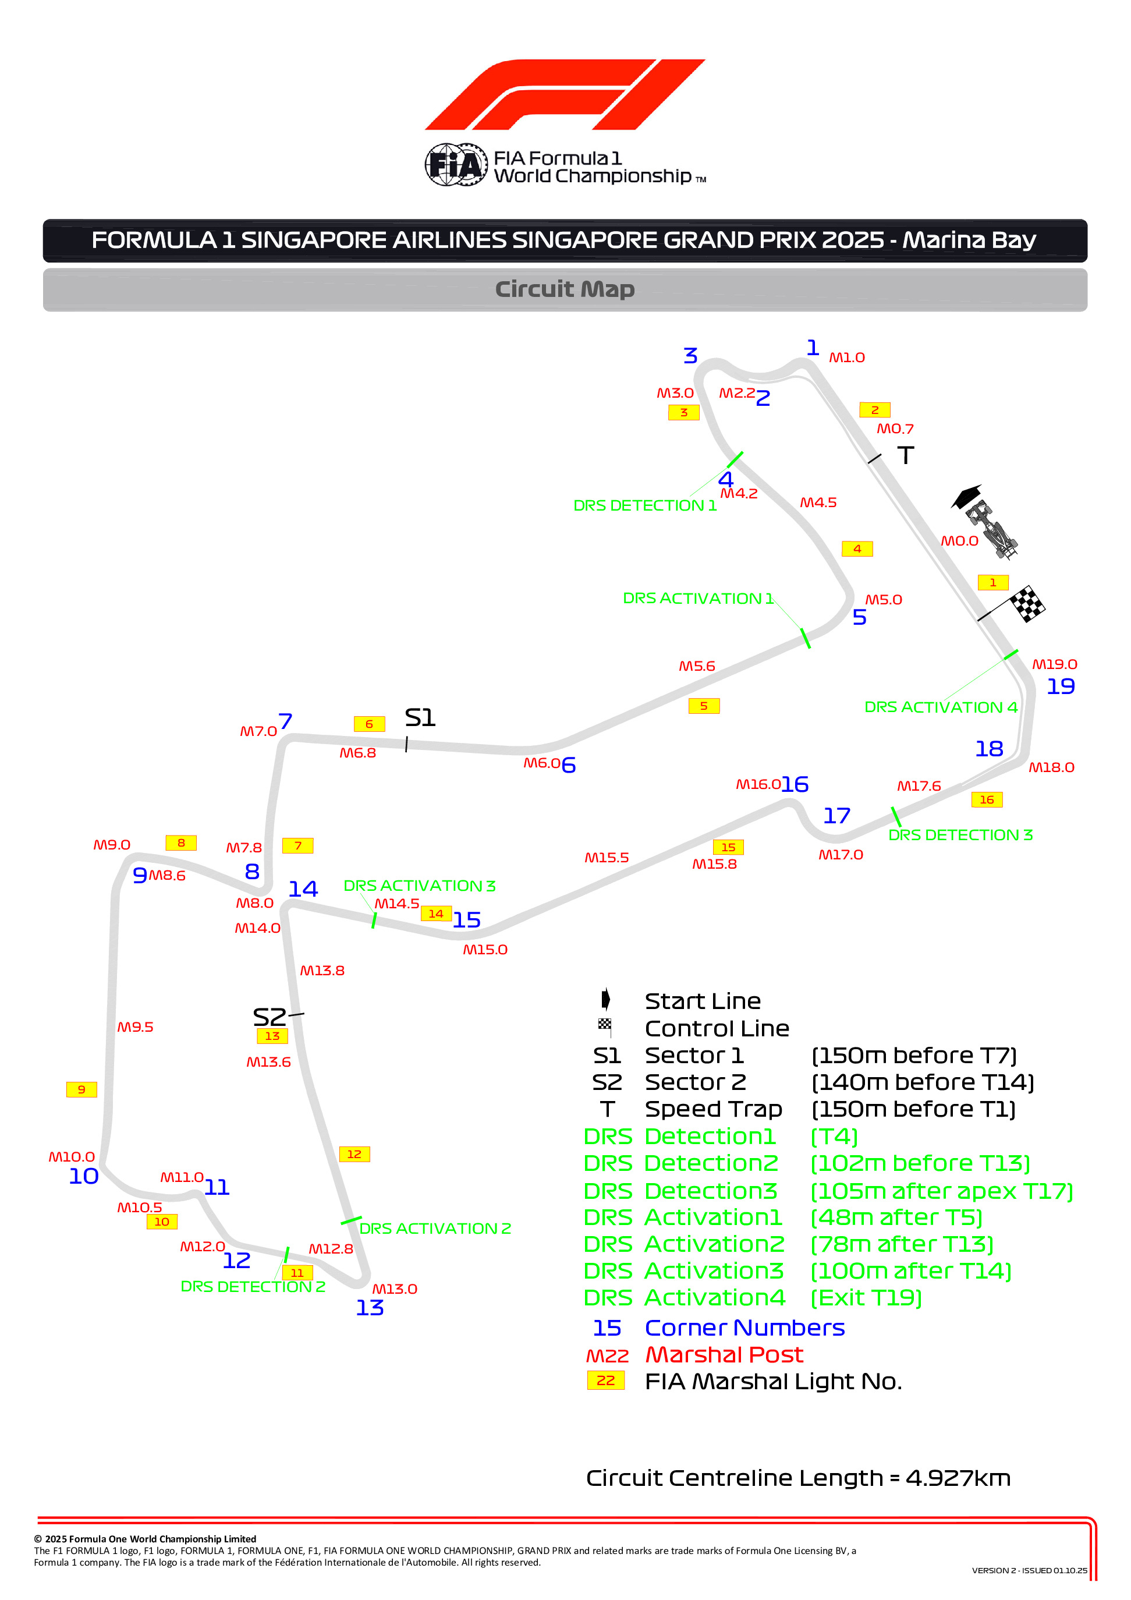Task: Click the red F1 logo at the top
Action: (x=565, y=94)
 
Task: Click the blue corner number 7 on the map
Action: (x=285, y=721)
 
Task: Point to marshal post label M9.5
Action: (x=135, y=1027)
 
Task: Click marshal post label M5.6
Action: (x=697, y=666)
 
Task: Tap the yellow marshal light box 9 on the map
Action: (x=81, y=1090)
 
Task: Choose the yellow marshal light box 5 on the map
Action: (x=704, y=706)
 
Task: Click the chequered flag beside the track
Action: (x=1027, y=603)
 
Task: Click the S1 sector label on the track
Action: (x=420, y=718)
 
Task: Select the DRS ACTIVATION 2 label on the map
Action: (x=435, y=1229)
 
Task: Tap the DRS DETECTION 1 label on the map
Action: (x=644, y=506)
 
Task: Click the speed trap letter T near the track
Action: (x=905, y=456)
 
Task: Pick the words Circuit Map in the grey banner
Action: (x=565, y=289)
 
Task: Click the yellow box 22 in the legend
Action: (x=605, y=1380)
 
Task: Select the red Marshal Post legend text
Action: (x=724, y=1354)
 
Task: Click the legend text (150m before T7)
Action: (x=913, y=1056)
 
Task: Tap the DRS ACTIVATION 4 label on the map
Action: (x=941, y=707)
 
